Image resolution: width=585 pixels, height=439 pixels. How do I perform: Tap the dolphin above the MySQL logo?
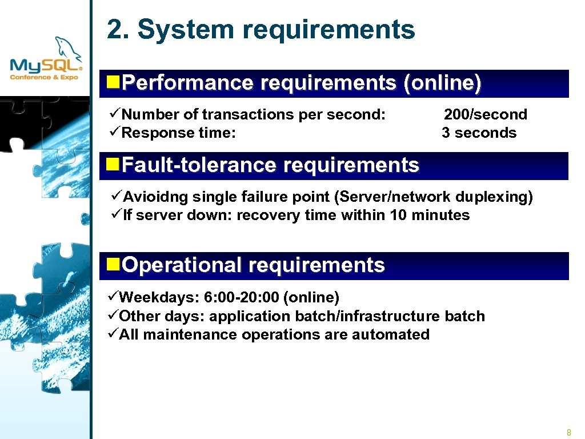(x=66, y=47)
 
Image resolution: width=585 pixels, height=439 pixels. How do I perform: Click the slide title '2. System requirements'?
(x=261, y=29)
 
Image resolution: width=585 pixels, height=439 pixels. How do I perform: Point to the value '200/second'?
(x=486, y=114)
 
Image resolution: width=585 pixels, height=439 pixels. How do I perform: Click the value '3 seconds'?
(x=479, y=133)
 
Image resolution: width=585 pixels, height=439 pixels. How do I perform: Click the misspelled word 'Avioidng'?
(x=155, y=197)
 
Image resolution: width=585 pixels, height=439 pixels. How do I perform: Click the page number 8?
(x=568, y=432)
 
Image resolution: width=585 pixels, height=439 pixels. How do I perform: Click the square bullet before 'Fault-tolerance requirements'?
(x=114, y=165)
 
